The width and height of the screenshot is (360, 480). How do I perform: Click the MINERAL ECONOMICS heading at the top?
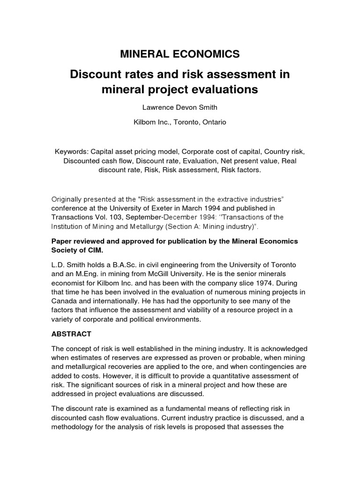click(180, 54)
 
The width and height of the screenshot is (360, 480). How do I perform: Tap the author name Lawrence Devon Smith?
click(180, 107)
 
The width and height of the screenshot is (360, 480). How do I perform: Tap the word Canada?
click(64, 300)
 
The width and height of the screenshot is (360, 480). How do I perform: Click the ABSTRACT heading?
click(71, 334)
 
